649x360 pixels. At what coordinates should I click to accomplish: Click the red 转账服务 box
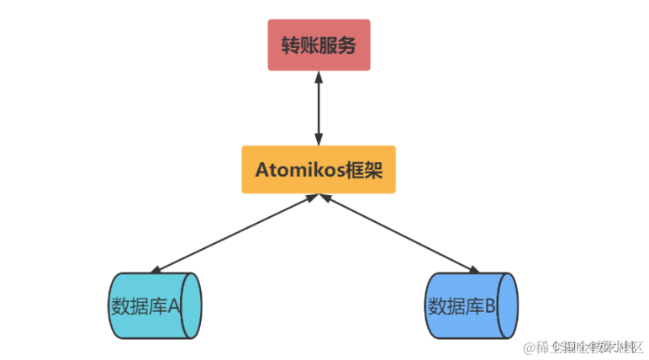point(319,45)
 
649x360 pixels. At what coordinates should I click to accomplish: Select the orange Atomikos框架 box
point(319,169)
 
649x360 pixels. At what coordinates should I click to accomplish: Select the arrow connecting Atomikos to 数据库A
point(231,236)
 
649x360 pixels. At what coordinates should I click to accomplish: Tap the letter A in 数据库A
point(174,305)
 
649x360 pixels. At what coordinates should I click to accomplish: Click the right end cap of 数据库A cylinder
point(193,304)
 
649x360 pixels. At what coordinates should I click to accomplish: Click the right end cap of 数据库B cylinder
point(508,304)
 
